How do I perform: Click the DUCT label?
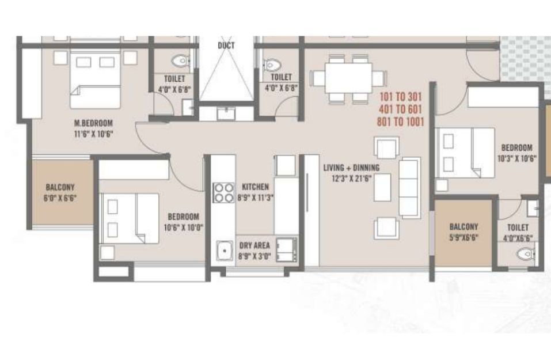tap(226, 46)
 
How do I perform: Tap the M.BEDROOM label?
tap(93, 123)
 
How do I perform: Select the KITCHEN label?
tap(256, 187)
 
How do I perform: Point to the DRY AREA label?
tap(254, 245)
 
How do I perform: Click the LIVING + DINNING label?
tap(351, 168)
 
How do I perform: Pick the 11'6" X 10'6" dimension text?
tap(93, 134)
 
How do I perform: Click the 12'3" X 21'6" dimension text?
tap(352, 179)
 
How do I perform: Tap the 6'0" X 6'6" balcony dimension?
tap(60, 198)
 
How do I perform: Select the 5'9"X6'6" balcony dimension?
tap(463, 237)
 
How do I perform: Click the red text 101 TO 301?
tap(401, 97)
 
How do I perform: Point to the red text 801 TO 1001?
tap(401, 122)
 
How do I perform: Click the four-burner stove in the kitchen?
tap(224, 192)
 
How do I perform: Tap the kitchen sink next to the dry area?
tap(225, 251)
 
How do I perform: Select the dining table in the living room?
tap(348, 78)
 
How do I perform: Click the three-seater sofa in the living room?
tap(410, 188)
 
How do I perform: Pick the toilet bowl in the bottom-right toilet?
tap(526, 254)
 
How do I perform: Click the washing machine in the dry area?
tap(286, 249)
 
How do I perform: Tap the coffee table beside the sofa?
tap(382, 187)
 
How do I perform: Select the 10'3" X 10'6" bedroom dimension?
tap(517, 158)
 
